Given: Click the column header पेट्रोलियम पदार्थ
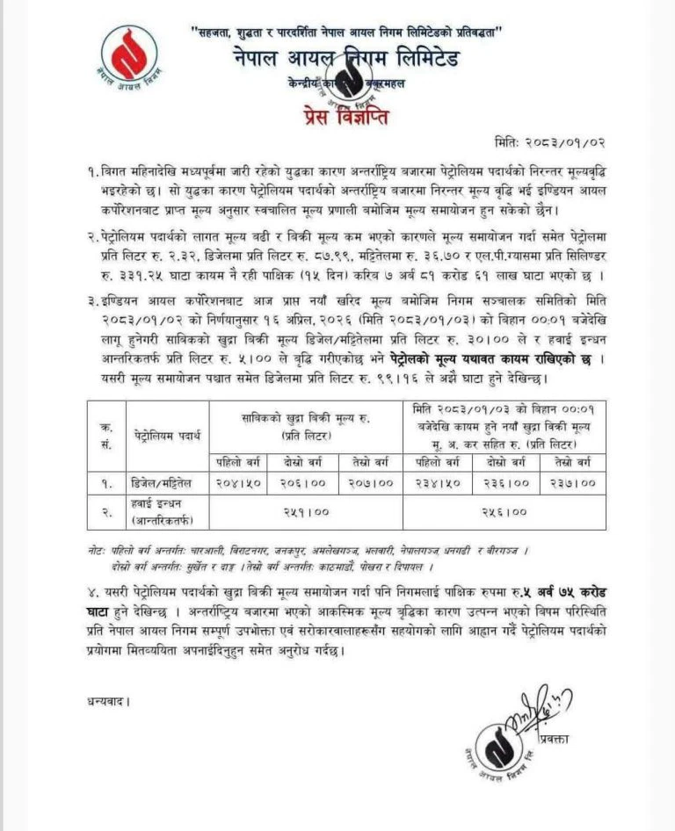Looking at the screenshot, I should (x=167, y=434).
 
